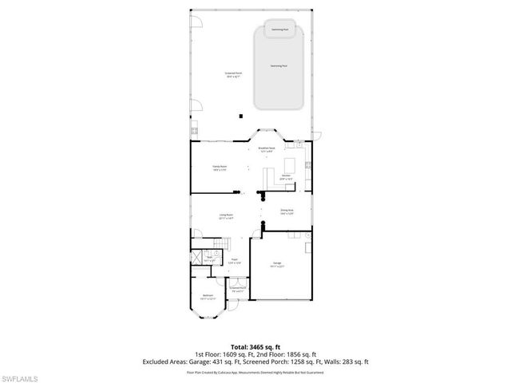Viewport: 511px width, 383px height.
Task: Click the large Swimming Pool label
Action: pos(279,66)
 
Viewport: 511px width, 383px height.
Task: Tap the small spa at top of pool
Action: pos(279,30)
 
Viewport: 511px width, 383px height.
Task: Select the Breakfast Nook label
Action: pos(266,148)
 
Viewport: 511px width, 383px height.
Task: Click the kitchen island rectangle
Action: pos(289,165)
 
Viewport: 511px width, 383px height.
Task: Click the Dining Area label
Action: pos(286,212)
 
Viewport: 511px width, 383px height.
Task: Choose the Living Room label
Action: pos(226,216)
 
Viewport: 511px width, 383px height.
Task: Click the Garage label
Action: pos(277,264)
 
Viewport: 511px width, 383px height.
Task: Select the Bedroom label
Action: pos(208,296)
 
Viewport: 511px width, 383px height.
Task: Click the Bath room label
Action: pos(211,259)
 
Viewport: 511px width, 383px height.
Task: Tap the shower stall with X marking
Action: pos(196,258)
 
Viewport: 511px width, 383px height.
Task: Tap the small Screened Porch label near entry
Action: pos(236,290)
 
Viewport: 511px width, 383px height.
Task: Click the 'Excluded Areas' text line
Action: pos(255,361)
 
